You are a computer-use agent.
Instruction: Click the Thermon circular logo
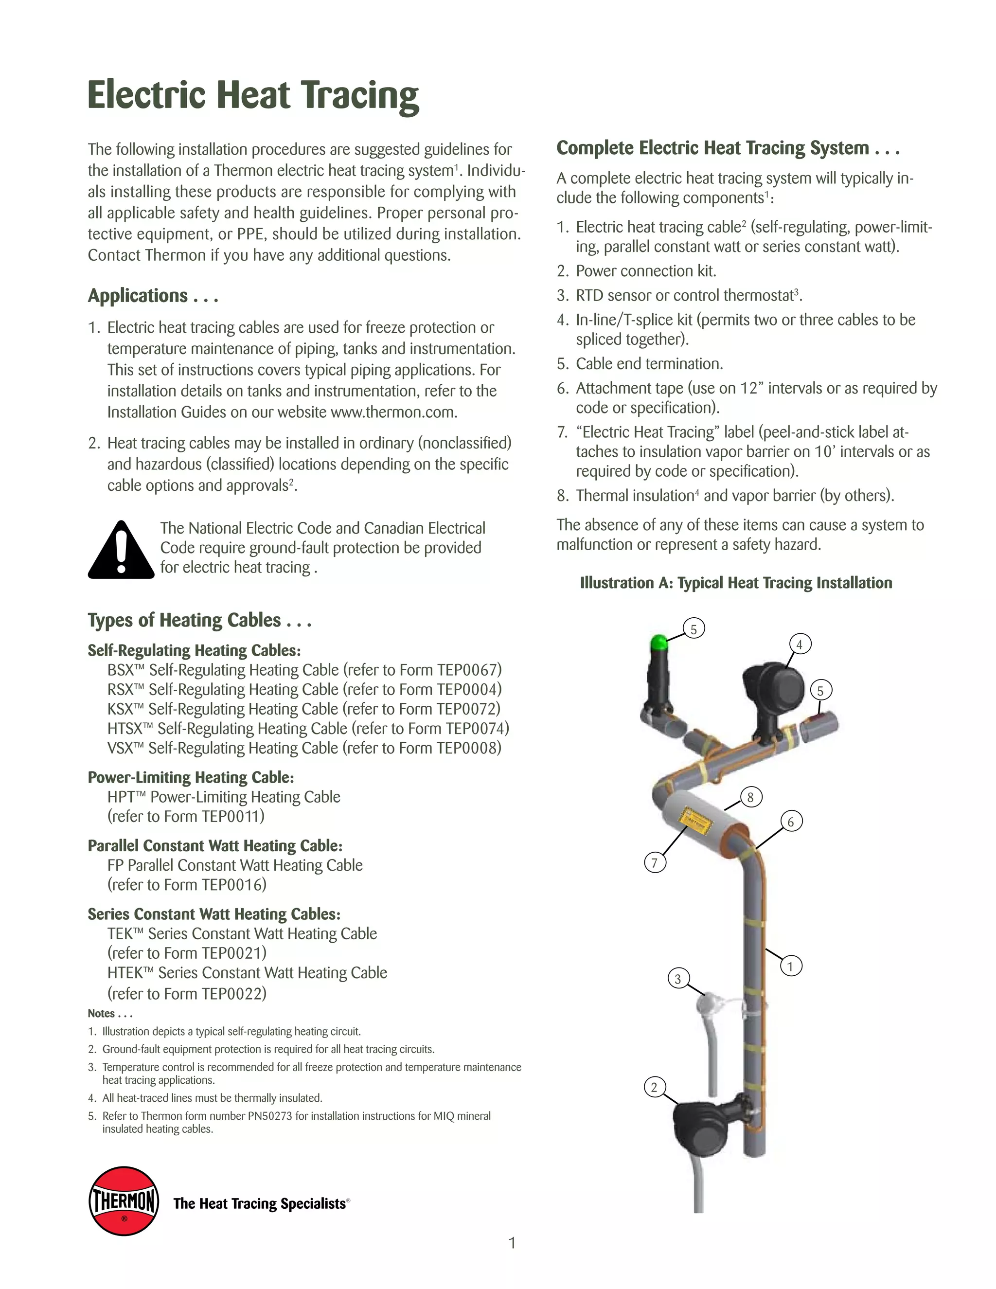[124, 1200]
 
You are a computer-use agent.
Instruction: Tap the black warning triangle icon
[121, 551]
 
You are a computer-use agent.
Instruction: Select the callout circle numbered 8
[750, 797]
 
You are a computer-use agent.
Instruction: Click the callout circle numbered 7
[654, 863]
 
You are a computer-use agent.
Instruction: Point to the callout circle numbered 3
[677, 979]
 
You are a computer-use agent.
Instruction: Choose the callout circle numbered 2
[654, 1087]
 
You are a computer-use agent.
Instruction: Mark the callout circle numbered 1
[790, 966]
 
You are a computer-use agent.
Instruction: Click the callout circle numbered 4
[800, 644]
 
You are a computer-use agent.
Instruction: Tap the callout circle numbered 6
[791, 822]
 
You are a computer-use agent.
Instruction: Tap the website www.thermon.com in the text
[393, 412]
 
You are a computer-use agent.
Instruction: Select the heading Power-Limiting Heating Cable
[191, 777]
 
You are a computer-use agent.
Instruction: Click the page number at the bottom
[512, 1243]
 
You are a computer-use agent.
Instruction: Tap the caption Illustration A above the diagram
[736, 583]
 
